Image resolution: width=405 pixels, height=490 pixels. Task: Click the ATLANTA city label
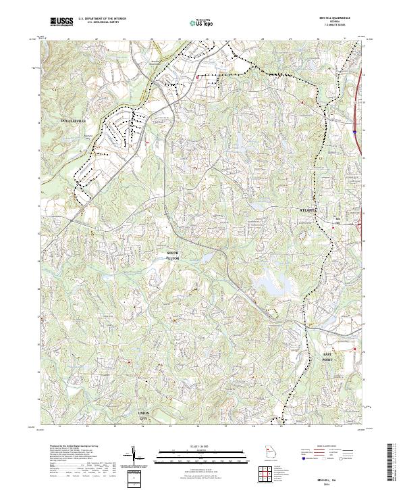click(x=308, y=212)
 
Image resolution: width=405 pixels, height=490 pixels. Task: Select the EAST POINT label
click(x=327, y=357)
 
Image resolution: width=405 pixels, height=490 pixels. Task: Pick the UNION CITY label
click(x=143, y=414)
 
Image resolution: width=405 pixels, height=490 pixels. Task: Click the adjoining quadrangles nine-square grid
click(x=264, y=472)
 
